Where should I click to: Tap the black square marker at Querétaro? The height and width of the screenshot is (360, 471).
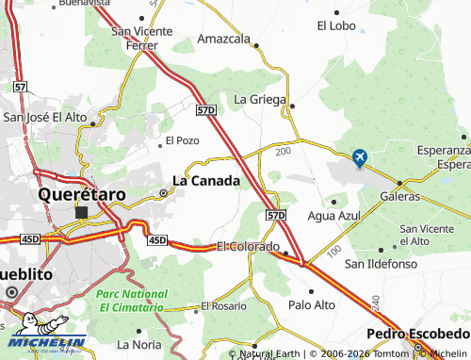pyautogui.click(x=82, y=212)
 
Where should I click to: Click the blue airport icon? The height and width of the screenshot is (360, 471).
pyautogui.click(x=359, y=158)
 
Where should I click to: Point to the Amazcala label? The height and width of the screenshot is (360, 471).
pyautogui.click(x=223, y=40)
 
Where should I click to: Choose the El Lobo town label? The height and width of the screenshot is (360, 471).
pyautogui.click(x=334, y=25)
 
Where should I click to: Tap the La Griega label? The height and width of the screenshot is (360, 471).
pyautogui.click(x=258, y=99)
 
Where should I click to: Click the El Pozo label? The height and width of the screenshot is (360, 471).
pyautogui.click(x=182, y=140)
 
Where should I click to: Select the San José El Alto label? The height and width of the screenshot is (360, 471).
pyautogui.click(x=45, y=118)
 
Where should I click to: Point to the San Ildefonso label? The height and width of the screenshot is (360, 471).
pyautogui.click(x=381, y=263)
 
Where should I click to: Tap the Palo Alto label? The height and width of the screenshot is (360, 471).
pyautogui.click(x=311, y=304)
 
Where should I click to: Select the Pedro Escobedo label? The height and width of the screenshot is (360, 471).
pyautogui.click(x=418, y=335)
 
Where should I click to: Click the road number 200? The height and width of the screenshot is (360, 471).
pyautogui.click(x=283, y=150)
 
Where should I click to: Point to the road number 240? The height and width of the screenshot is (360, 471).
pyautogui.click(x=374, y=303)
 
